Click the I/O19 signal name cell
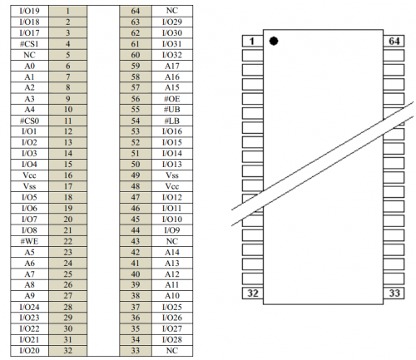29,11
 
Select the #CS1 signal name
29,44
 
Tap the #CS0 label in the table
29,121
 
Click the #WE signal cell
29,241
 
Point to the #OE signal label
172,99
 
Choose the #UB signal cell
172,110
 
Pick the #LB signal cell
172,121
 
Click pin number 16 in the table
68,175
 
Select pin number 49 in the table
136,175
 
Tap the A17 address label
172,66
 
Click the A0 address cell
29,66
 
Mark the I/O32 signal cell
172,55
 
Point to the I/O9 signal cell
172,230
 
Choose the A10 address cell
172,296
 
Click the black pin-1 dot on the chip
274,41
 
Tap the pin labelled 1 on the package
253,41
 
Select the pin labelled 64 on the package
394,41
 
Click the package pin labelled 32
253,293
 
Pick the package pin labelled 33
394,293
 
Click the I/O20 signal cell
29,351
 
